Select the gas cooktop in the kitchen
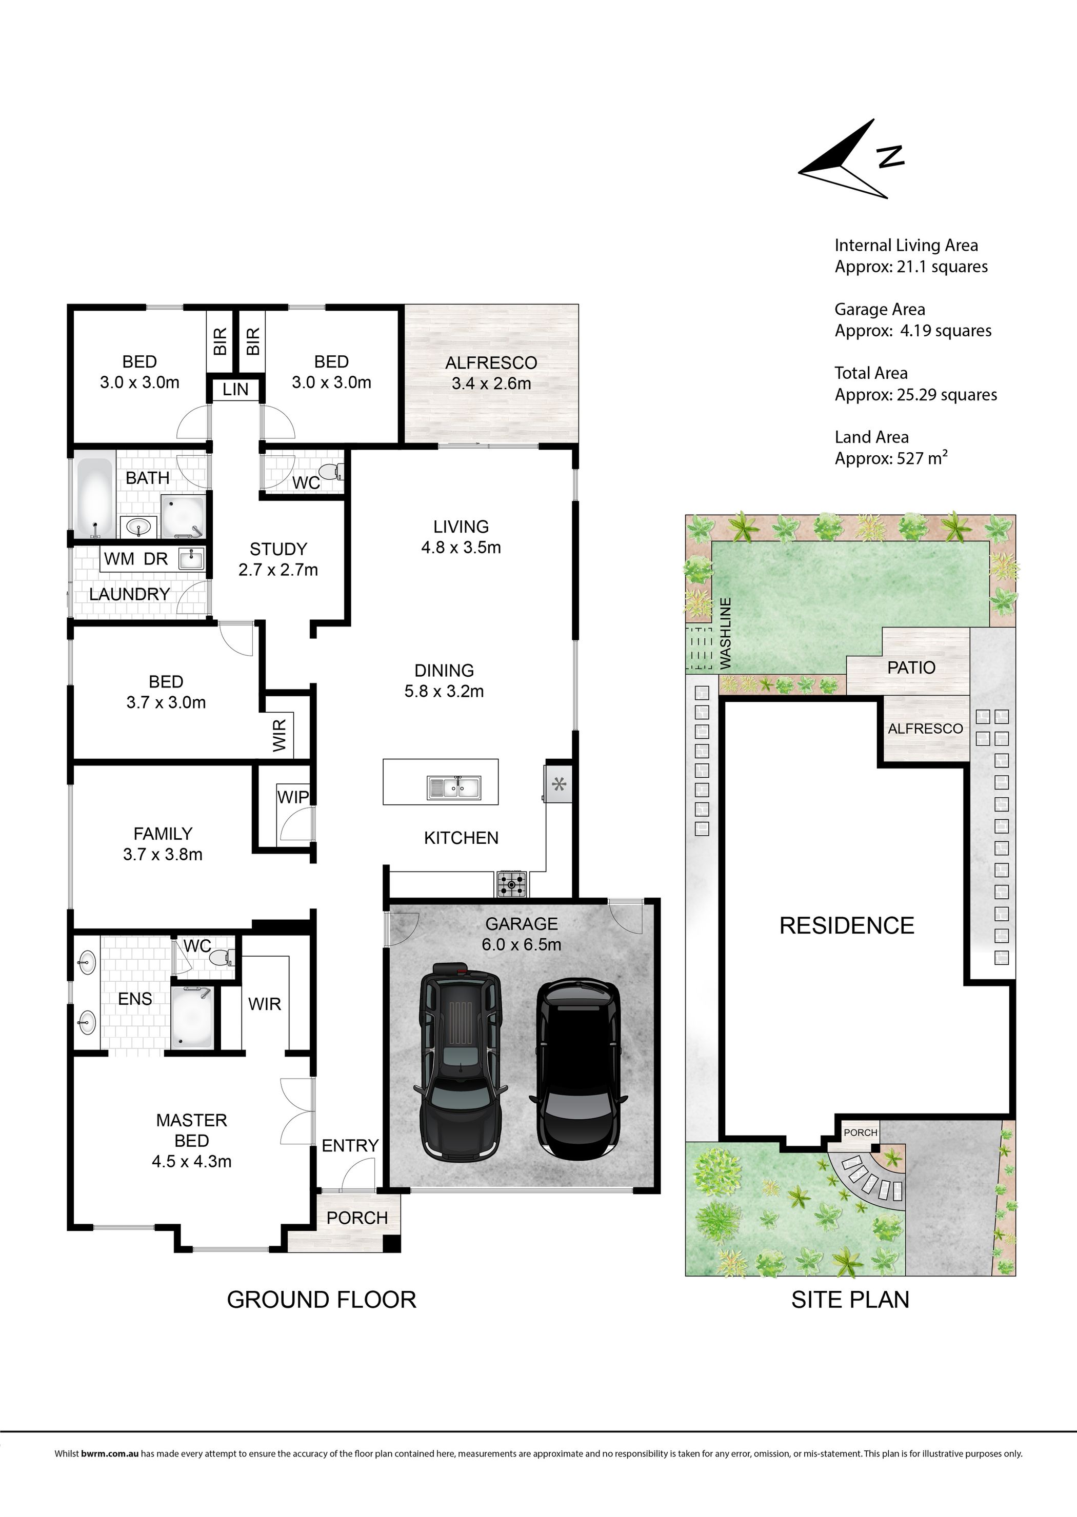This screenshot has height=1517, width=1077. [511, 884]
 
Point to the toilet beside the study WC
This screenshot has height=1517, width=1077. [332, 472]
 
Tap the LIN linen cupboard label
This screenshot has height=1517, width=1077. [235, 389]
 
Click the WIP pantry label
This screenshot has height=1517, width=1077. [292, 796]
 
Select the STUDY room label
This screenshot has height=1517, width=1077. [278, 549]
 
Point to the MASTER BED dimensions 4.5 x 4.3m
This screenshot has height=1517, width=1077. [192, 1161]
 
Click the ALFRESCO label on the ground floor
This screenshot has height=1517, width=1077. [491, 362]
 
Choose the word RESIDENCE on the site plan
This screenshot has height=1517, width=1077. [847, 925]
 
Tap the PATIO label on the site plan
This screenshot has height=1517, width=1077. [911, 668]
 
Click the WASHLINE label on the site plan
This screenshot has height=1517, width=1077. [726, 633]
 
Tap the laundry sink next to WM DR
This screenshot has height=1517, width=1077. [191, 558]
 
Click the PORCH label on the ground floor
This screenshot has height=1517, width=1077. [357, 1218]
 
